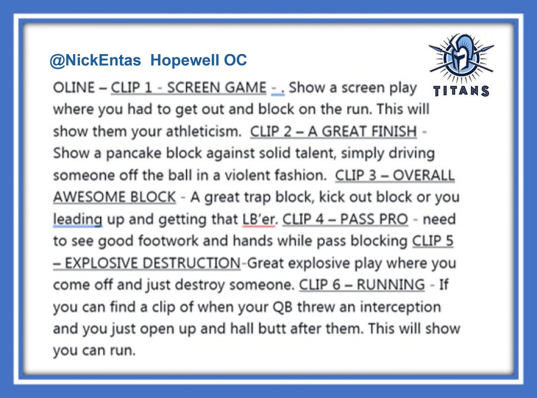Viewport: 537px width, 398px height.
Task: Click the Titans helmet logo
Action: coord(460,56)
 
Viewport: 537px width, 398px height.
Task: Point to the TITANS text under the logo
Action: coord(460,91)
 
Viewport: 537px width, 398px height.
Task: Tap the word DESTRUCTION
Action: coord(188,263)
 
